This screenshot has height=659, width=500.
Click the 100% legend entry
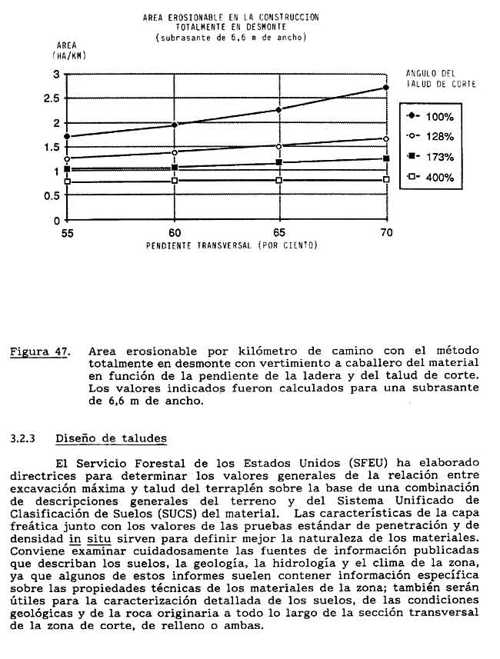[x=432, y=116]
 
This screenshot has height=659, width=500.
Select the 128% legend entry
[x=432, y=136]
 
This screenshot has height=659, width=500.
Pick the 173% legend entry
[x=432, y=157]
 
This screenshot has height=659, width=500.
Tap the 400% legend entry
[x=432, y=178]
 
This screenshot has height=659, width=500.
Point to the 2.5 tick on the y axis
[x=53, y=98]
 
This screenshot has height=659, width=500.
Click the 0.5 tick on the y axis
[x=53, y=195]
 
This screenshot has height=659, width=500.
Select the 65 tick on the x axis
[x=280, y=232]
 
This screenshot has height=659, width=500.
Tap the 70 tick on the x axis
[x=385, y=232]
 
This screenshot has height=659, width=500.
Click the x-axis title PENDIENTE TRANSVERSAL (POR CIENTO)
[x=231, y=246]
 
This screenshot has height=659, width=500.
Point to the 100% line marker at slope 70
[x=385, y=88]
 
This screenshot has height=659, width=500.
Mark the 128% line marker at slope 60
[x=175, y=152]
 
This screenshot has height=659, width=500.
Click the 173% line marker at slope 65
[x=280, y=163]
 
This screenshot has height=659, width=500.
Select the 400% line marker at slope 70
[x=385, y=180]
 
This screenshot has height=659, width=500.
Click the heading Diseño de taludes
[x=111, y=438]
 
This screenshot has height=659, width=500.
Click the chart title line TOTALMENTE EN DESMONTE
[x=231, y=26]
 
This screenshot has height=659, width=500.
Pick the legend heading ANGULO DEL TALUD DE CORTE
[x=440, y=78]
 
